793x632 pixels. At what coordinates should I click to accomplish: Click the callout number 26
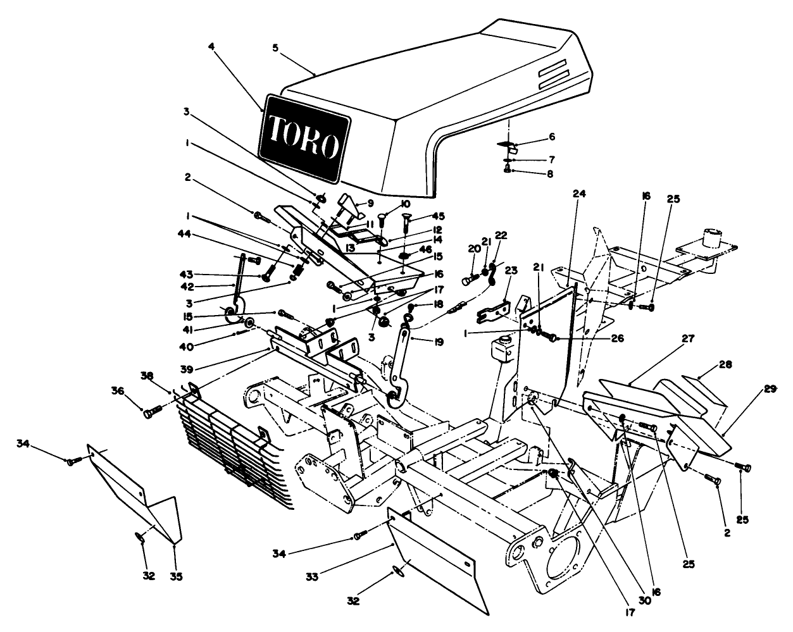coord(600,338)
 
